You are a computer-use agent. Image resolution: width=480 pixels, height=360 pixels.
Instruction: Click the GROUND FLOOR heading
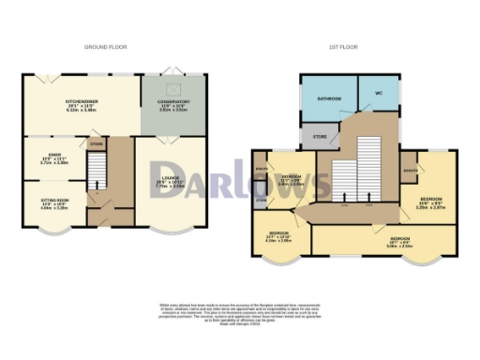(105, 47)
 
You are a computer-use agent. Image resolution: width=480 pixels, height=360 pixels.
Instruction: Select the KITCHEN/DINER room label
(82, 104)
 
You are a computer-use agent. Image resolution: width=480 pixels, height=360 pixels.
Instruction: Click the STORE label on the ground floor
(96, 144)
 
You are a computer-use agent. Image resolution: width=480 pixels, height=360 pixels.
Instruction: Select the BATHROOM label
(328, 98)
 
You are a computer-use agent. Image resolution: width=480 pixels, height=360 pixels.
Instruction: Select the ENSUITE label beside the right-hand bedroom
(410, 170)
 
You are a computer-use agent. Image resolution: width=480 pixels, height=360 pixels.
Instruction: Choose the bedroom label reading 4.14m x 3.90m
(278, 236)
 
